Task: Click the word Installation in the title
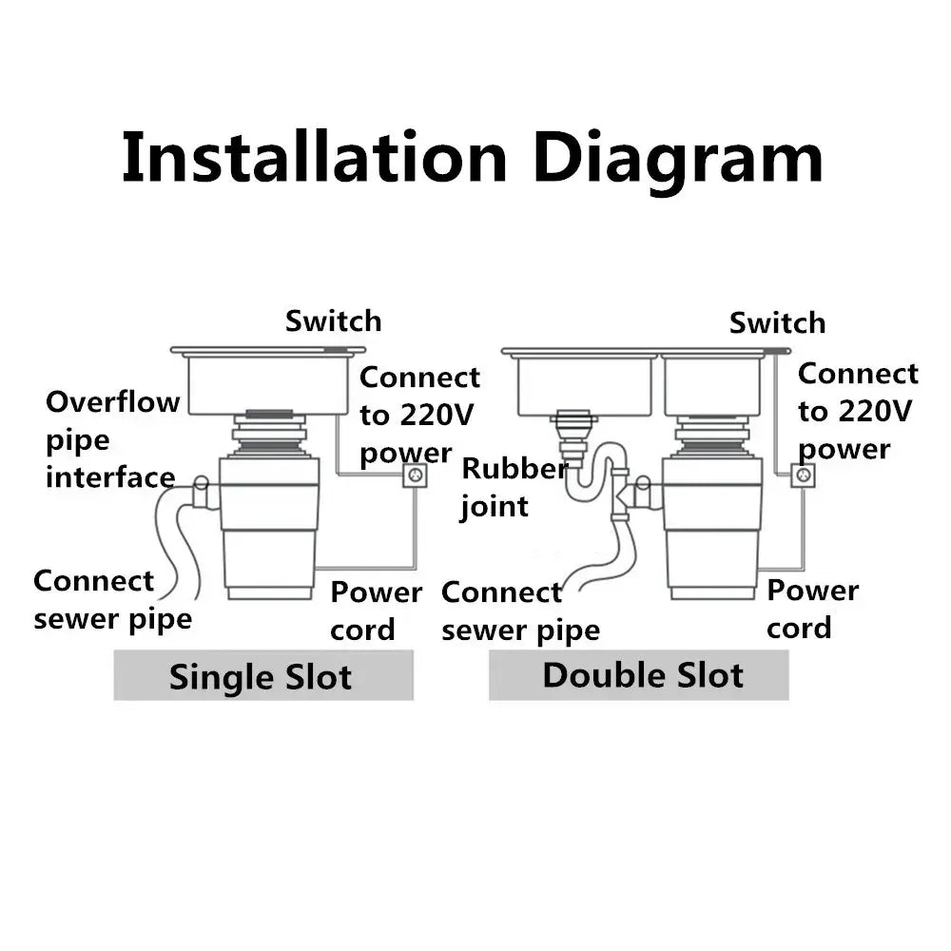point(314,157)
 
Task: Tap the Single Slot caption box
point(263,675)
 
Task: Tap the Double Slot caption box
point(639,675)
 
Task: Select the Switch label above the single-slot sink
point(334,320)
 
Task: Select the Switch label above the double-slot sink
point(778,322)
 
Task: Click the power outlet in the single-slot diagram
point(416,475)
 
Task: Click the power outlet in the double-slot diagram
point(803,475)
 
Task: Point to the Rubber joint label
point(514,488)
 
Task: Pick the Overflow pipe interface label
point(113,439)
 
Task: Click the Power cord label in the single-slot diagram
point(376,611)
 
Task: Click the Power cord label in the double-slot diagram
point(813,609)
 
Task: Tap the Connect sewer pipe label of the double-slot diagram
point(520,611)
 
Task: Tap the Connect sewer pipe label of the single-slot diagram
point(113,600)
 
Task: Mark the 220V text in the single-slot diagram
point(437,416)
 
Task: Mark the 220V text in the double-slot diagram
point(875,412)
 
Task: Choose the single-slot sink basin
point(268,384)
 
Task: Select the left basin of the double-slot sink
point(584,386)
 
